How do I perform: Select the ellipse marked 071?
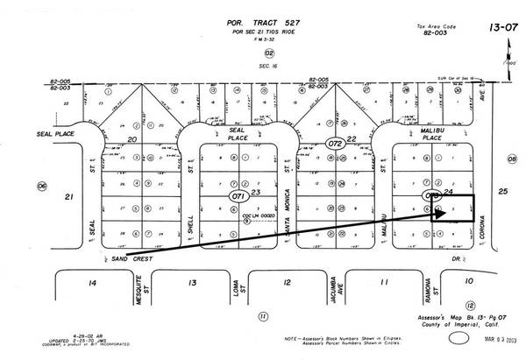pos(236,198)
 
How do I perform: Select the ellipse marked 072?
pos(334,142)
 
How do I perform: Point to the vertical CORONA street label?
pos(480,210)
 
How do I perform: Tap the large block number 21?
pos(68,198)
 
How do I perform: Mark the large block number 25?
pos(502,191)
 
